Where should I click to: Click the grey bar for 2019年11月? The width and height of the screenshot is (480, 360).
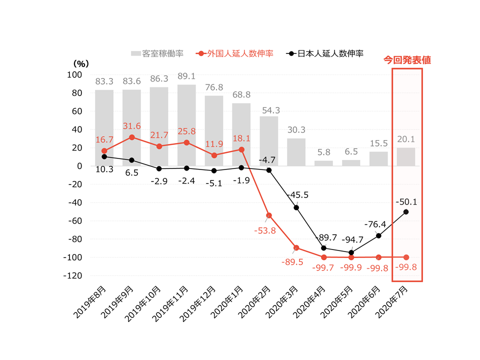coord(186,125)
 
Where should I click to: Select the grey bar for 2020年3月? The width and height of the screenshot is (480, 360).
coord(296,152)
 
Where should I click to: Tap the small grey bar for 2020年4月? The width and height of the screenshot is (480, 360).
coord(323,163)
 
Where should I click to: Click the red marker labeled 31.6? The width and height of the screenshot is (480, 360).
coord(131,137)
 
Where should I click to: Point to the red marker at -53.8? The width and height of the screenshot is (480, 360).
coord(268,215)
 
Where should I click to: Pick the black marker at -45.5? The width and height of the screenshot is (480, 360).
coord(296,207)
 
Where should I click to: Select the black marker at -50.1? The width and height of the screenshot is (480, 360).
coord(405,211)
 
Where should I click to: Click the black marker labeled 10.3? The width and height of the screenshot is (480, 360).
coord(104,156)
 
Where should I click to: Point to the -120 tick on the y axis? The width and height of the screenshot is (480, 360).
coord(73,275)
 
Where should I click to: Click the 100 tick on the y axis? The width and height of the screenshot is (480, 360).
coord(75,74)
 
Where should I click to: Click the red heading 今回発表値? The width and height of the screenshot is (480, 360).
coord(407,59)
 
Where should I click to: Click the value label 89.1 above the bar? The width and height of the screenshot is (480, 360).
coord(186,77)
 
